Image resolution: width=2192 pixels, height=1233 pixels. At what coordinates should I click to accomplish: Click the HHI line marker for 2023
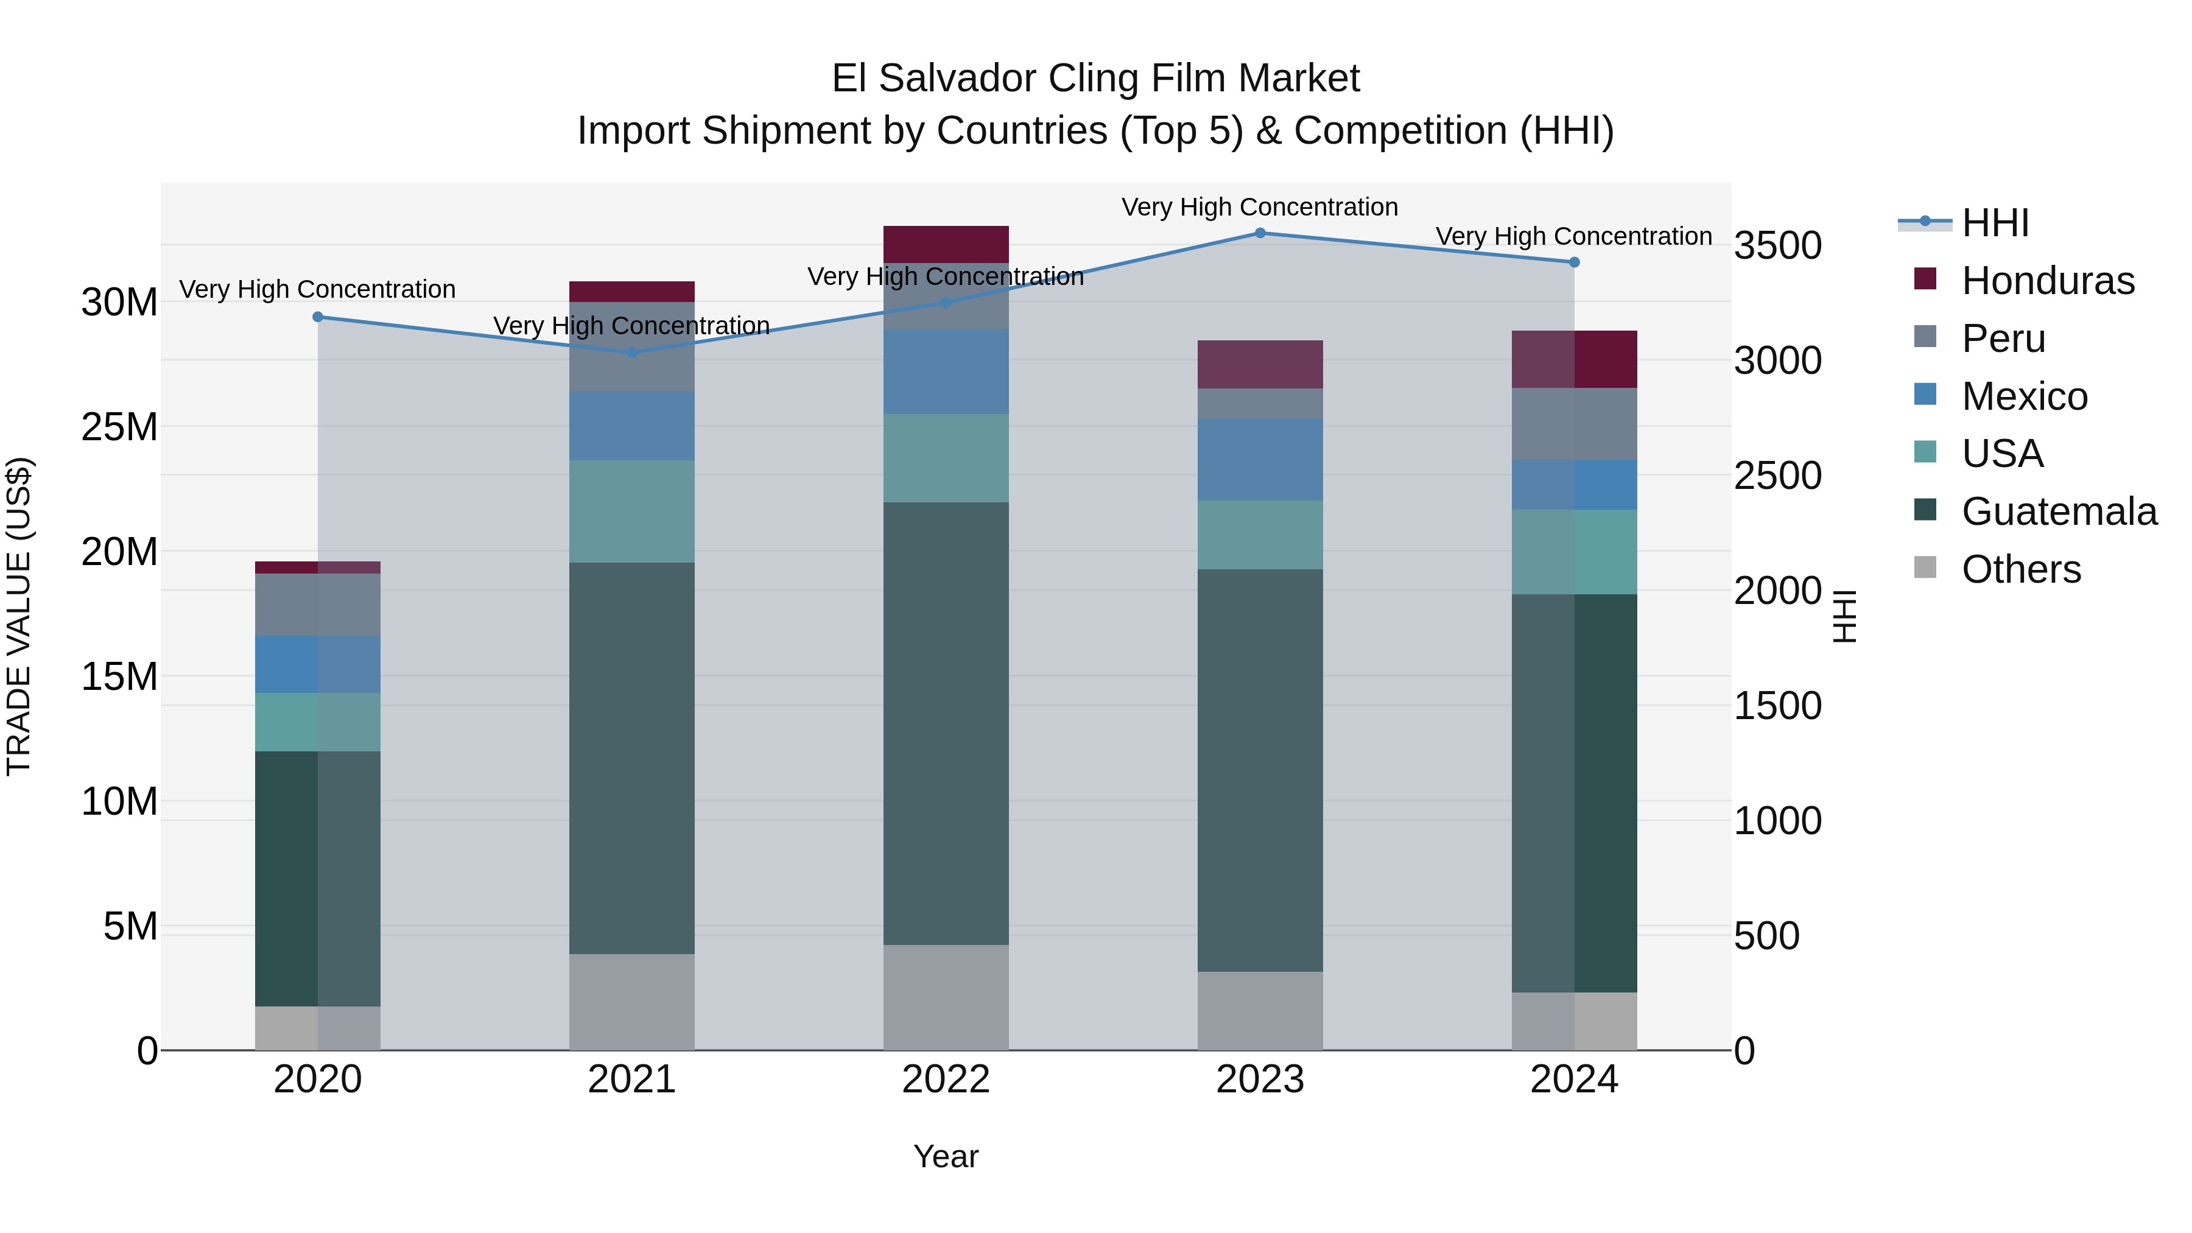[x=1260, y=233]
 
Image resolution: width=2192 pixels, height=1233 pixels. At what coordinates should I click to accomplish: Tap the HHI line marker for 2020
[x=317, y=317]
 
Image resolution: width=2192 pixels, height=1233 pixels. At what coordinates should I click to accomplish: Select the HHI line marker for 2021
[x=631, y=353]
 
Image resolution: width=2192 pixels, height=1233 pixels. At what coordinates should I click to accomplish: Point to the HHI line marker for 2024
[x=1574, y=262]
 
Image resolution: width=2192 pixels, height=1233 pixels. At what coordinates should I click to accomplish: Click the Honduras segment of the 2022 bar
[x=946, y=244]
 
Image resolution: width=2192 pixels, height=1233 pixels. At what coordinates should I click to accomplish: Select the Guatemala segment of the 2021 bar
[x=631, y=757]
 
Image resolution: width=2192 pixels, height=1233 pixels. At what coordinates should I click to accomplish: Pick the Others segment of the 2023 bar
[x=1260, y=1010]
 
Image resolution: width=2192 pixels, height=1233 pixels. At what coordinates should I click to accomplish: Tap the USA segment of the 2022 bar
[x=946, y=458]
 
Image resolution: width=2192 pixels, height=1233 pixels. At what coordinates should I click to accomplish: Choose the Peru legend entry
[x=2003, y=339]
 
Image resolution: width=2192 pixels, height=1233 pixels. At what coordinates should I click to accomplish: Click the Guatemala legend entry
[x=2059, y=511]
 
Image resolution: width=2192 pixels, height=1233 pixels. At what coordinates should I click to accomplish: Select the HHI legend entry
[x=1995, y=223]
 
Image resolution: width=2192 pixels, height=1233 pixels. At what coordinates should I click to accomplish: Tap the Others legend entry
[x=2021, y=569]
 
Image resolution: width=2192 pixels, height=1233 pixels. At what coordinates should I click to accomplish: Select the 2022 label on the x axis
[x=946, y=1080]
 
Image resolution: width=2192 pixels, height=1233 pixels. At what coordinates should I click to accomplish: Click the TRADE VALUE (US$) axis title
[x=19, y=616]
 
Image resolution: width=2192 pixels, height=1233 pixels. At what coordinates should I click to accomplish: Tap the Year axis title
[x=946, y=1156]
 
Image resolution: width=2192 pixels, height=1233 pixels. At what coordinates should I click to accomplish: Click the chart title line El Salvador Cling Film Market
[x=1095, y=79]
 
